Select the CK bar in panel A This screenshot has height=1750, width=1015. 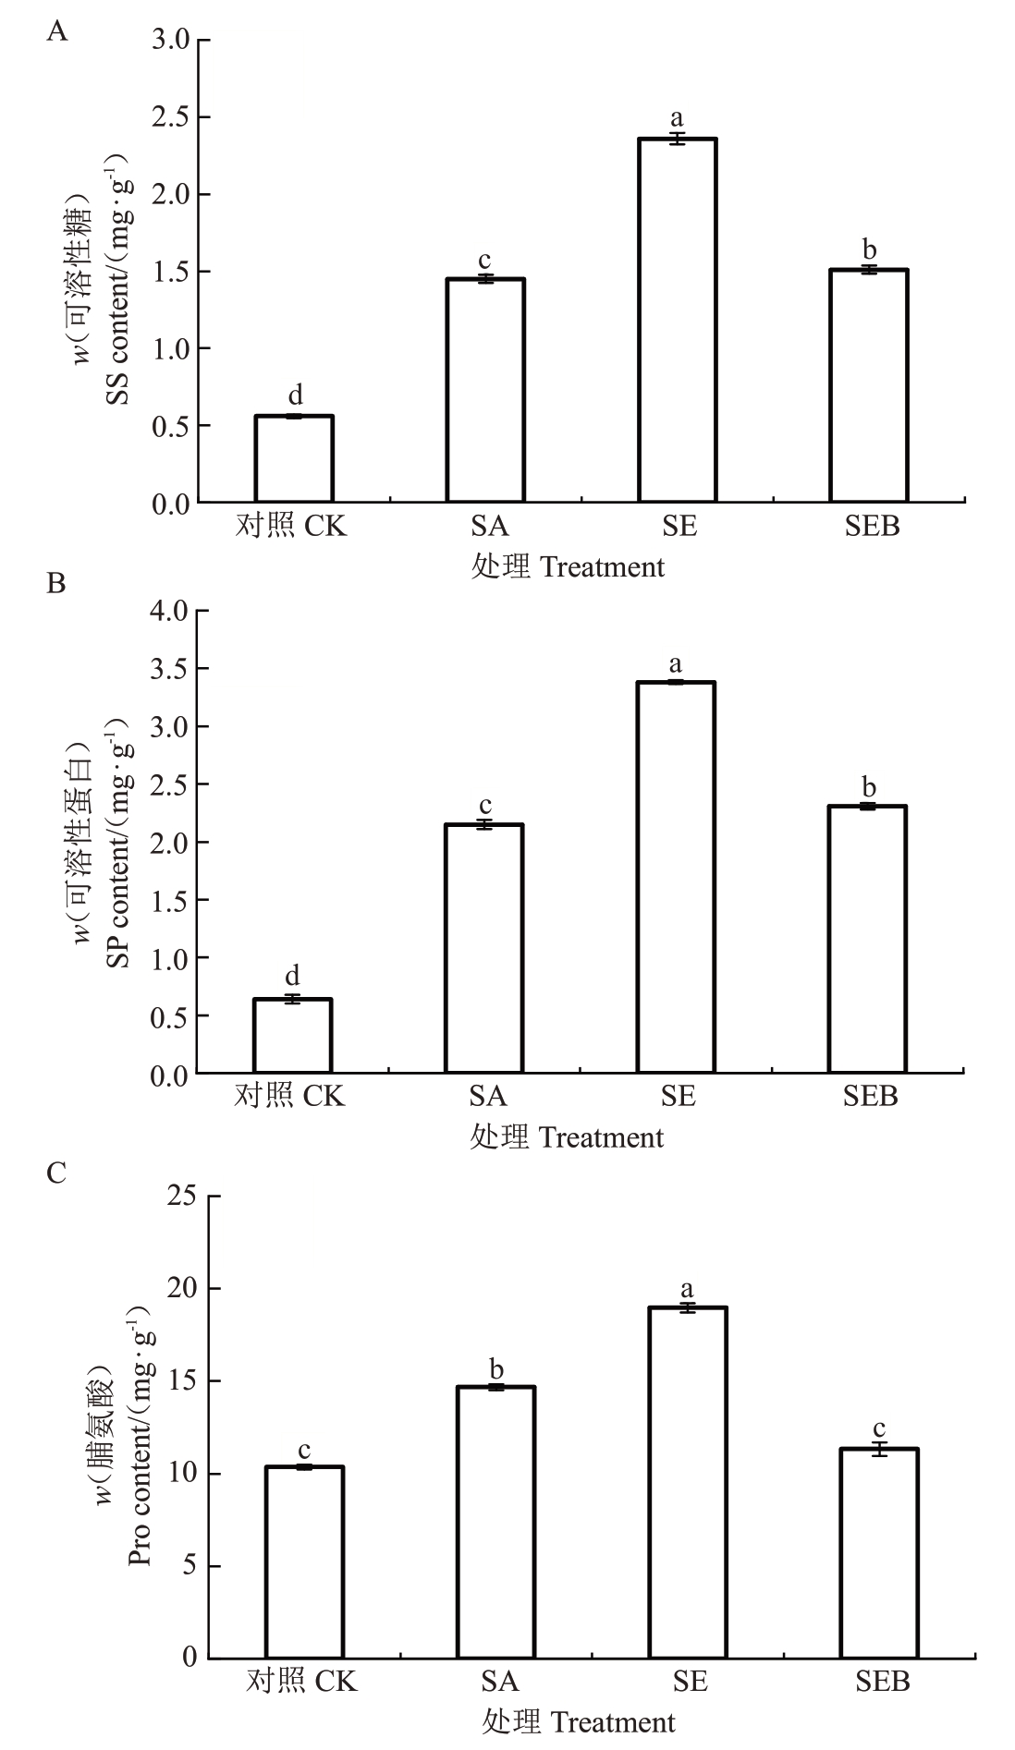coord(294,459)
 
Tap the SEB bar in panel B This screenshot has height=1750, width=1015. coord(867,939)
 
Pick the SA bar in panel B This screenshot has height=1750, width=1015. coord(484,948)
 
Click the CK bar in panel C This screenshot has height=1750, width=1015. coord(304,1561)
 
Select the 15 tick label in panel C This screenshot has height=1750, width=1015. coord(184,1381)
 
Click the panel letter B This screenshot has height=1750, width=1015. coord(55,584)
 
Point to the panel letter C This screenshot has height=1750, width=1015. coord(55,1173)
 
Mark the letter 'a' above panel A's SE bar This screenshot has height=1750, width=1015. coord(677,118)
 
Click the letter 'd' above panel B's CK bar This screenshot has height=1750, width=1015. coord(292,977)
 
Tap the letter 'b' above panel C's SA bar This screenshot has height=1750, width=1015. coord(496,1368)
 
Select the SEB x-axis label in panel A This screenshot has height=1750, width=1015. coord(872,527)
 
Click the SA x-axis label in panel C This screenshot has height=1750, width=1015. coord(499,1680)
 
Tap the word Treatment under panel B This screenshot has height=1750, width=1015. coord(601,1137)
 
